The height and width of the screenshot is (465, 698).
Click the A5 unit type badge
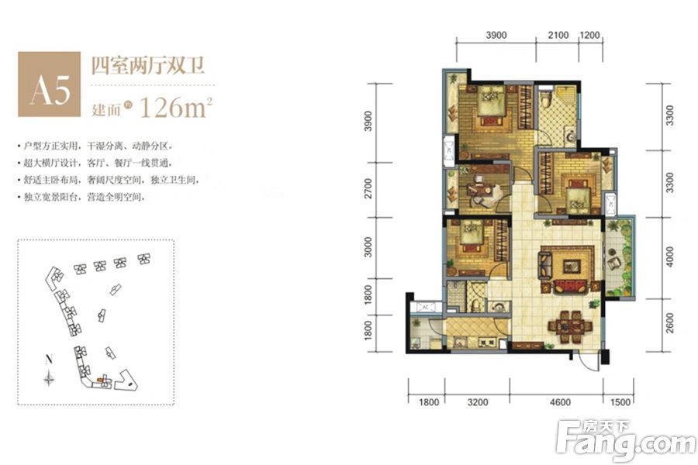tap(50, 84)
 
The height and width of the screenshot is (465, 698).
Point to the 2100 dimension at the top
tap(558, 36)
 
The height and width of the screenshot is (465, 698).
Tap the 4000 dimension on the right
tap(669, 256)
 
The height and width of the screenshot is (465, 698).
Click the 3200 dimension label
tap(478, 402)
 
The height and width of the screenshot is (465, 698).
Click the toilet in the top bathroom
tap(545, 99)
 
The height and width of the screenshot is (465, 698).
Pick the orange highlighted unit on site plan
tap(100, 380)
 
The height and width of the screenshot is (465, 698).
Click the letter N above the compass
tap(49, 360)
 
